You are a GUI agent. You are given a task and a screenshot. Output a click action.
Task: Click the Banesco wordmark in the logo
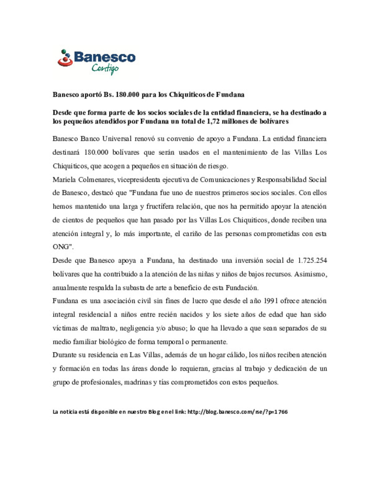(104, 57)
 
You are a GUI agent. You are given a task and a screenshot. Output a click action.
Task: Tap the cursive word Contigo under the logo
(105, 68)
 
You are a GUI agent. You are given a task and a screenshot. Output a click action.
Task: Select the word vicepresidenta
(139, 180)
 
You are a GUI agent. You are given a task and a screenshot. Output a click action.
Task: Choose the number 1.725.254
(312, 261)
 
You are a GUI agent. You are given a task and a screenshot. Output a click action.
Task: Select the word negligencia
(138, 328)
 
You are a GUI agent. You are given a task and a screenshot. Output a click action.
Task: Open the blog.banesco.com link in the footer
(237, 412)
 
